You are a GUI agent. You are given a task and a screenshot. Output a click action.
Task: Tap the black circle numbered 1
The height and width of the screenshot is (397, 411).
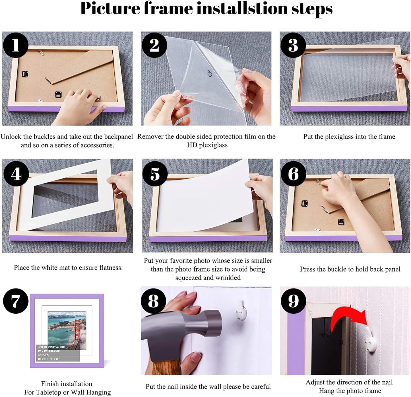pyautogui.click(x=16, y=45)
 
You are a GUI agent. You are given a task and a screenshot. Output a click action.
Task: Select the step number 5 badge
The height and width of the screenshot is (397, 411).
pyautogui.click(x=155, y=174)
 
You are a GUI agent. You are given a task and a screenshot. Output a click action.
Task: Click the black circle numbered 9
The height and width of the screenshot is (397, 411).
pyautogui.click(x=293, y=301)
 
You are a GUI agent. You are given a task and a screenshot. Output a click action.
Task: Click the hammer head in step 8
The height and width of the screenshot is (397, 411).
pyautogui.click(x=182, y=327)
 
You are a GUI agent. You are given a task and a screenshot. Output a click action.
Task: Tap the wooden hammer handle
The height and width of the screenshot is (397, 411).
pyautogui.click(x=165, y=367)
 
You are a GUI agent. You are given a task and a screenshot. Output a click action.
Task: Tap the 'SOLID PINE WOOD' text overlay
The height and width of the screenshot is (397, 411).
pyautogui.click(x=51, y=347)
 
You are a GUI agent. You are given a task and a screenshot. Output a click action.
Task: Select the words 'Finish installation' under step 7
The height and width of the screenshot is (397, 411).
pyautogui.click(x=67, y=384)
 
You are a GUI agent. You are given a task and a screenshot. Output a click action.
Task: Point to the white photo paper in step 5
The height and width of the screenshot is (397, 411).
pyautogui.click(x=205, y=199)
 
